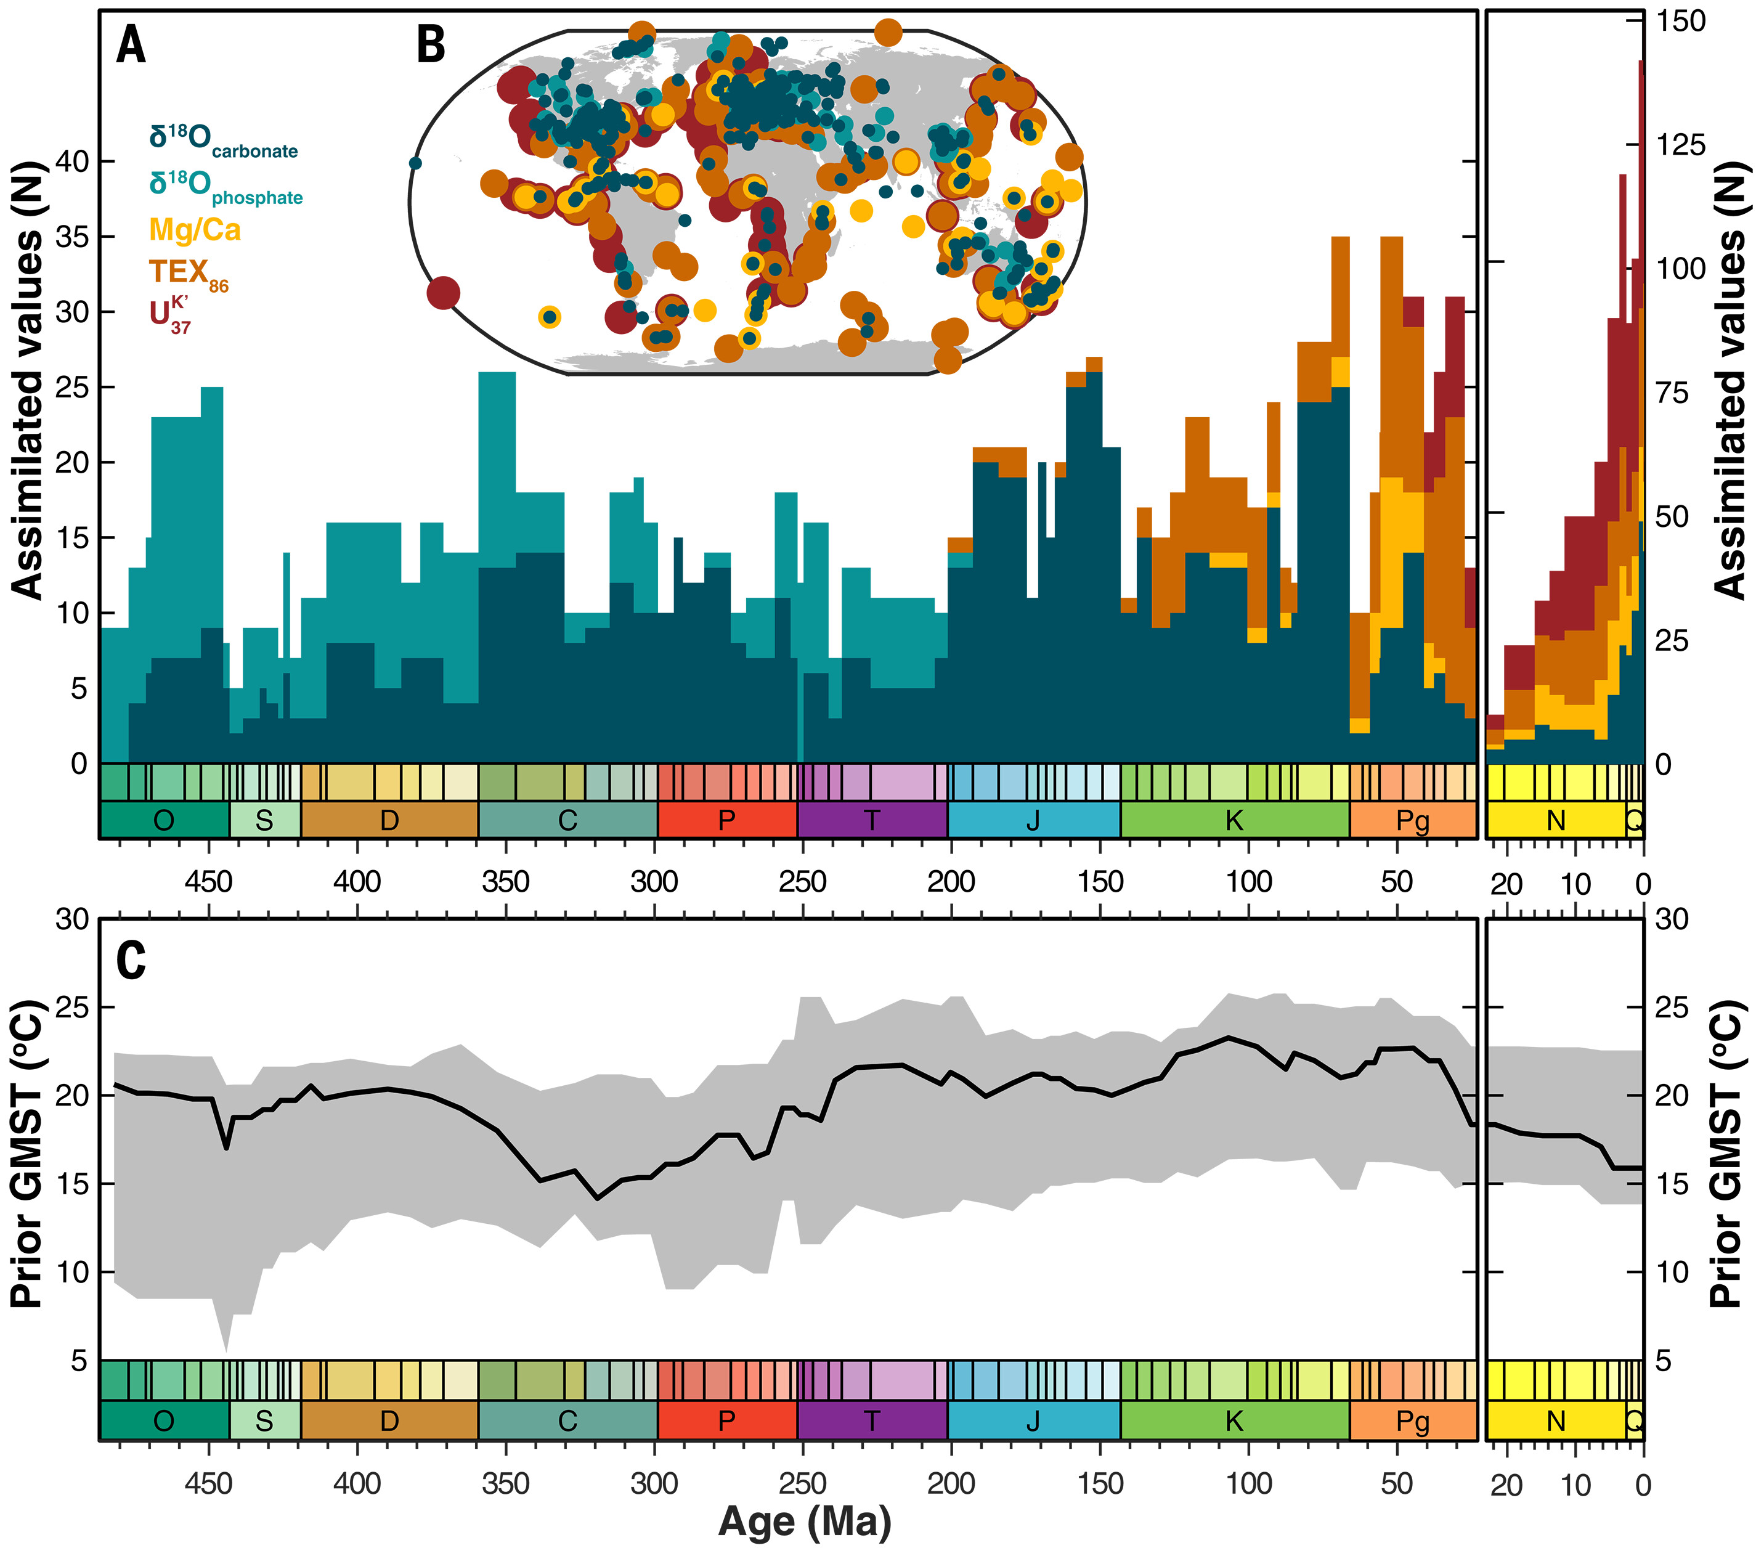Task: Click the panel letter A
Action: (x=131, y=44)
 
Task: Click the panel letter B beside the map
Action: (x=431, y=44)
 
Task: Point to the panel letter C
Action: (x=131, y=960)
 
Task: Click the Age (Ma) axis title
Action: (x=804, y=1520)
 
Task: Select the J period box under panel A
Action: (x=1033, y=820)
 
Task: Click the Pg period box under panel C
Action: (x=1412, y=1421)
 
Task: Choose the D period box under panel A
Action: (x=389, y=820)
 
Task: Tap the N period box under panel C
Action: (x=1556, y=1421)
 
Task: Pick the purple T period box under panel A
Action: (x=872, y=820)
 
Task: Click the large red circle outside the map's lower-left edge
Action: (x=443, y=293)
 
